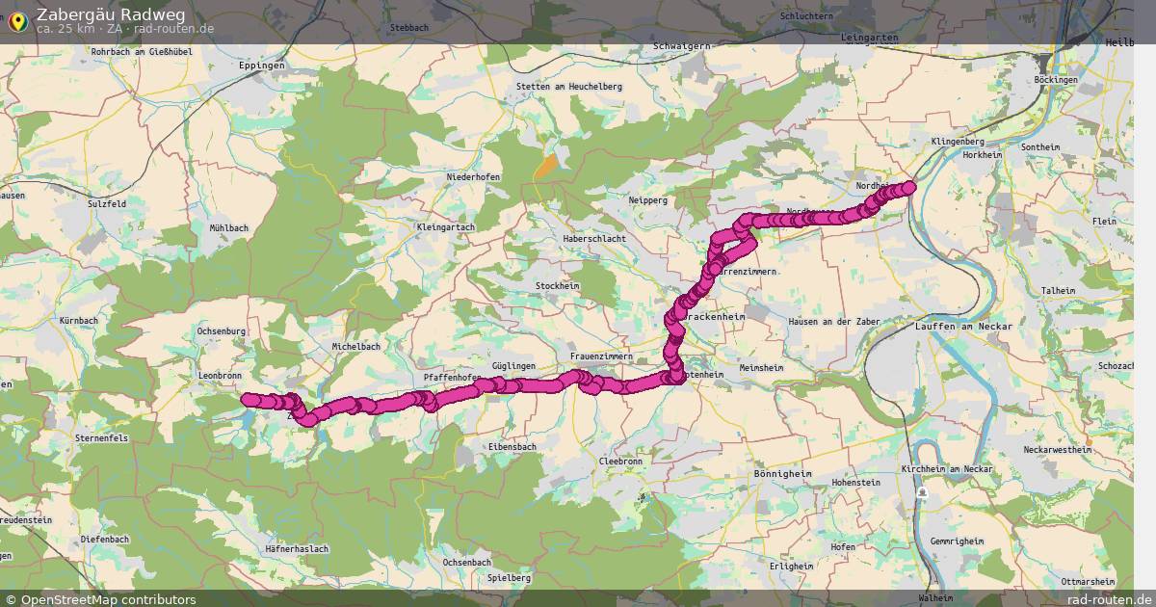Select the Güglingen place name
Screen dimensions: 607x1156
(x=512, y=367)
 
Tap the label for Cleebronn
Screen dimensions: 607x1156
(x=620, y=462)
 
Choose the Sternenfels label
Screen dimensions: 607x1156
(x=101, y=437)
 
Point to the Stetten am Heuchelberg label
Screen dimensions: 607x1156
(x=569, y=87)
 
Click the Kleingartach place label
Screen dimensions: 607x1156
(x=445, y=227)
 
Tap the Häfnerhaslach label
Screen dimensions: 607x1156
(x=297, y=549)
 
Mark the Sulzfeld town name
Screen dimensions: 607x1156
(x=106, y=204)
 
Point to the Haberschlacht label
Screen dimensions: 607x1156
(x=594, y=239)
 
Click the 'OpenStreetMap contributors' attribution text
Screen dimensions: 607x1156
(x=107, y=599)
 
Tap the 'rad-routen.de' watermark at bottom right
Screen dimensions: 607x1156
(x=1110, y=599)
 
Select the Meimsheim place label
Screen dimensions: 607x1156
(x=761, y=368)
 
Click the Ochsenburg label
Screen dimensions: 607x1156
(x=221, y=331)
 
